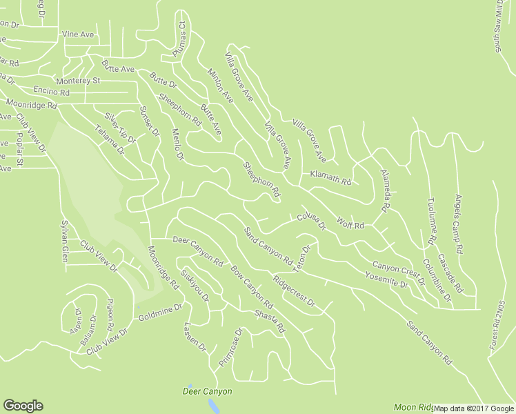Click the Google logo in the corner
23,406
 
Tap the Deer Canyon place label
207,391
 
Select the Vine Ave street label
77,34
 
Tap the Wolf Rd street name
350,223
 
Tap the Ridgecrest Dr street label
293,293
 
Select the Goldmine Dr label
159,313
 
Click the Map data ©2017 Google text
474,408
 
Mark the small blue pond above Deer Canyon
190,385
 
